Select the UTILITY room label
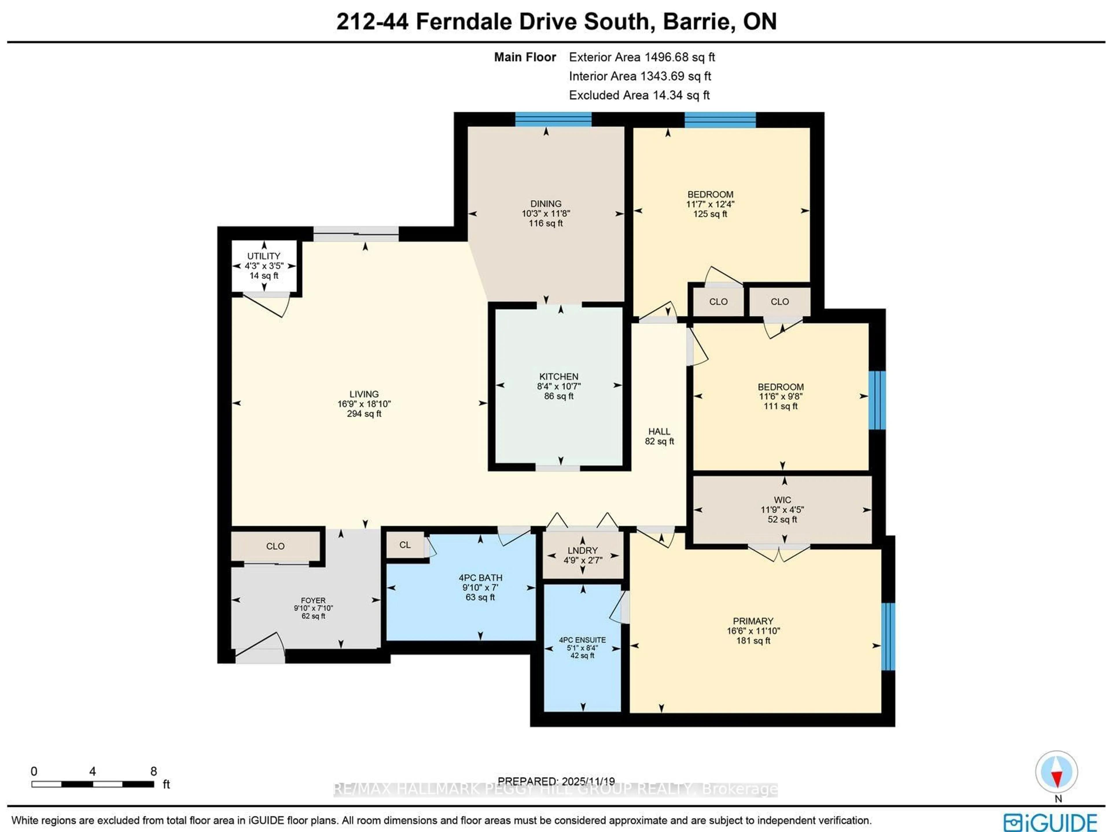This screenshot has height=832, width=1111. click(264, 256)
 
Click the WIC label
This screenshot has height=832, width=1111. click(782, 500)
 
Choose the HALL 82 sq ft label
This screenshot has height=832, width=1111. click(659, 436)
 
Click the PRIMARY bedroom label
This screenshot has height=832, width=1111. click(753, 621)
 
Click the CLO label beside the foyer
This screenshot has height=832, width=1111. click(275, 546)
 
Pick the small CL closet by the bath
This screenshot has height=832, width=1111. click(405, 545)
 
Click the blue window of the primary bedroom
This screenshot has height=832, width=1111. click(888, 637)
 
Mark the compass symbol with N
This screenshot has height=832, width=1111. click(1057, 772)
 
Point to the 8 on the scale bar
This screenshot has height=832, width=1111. click(154, 771)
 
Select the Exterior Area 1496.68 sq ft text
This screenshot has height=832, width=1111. click(641, 57)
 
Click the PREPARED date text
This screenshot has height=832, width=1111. click(556, 781)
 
